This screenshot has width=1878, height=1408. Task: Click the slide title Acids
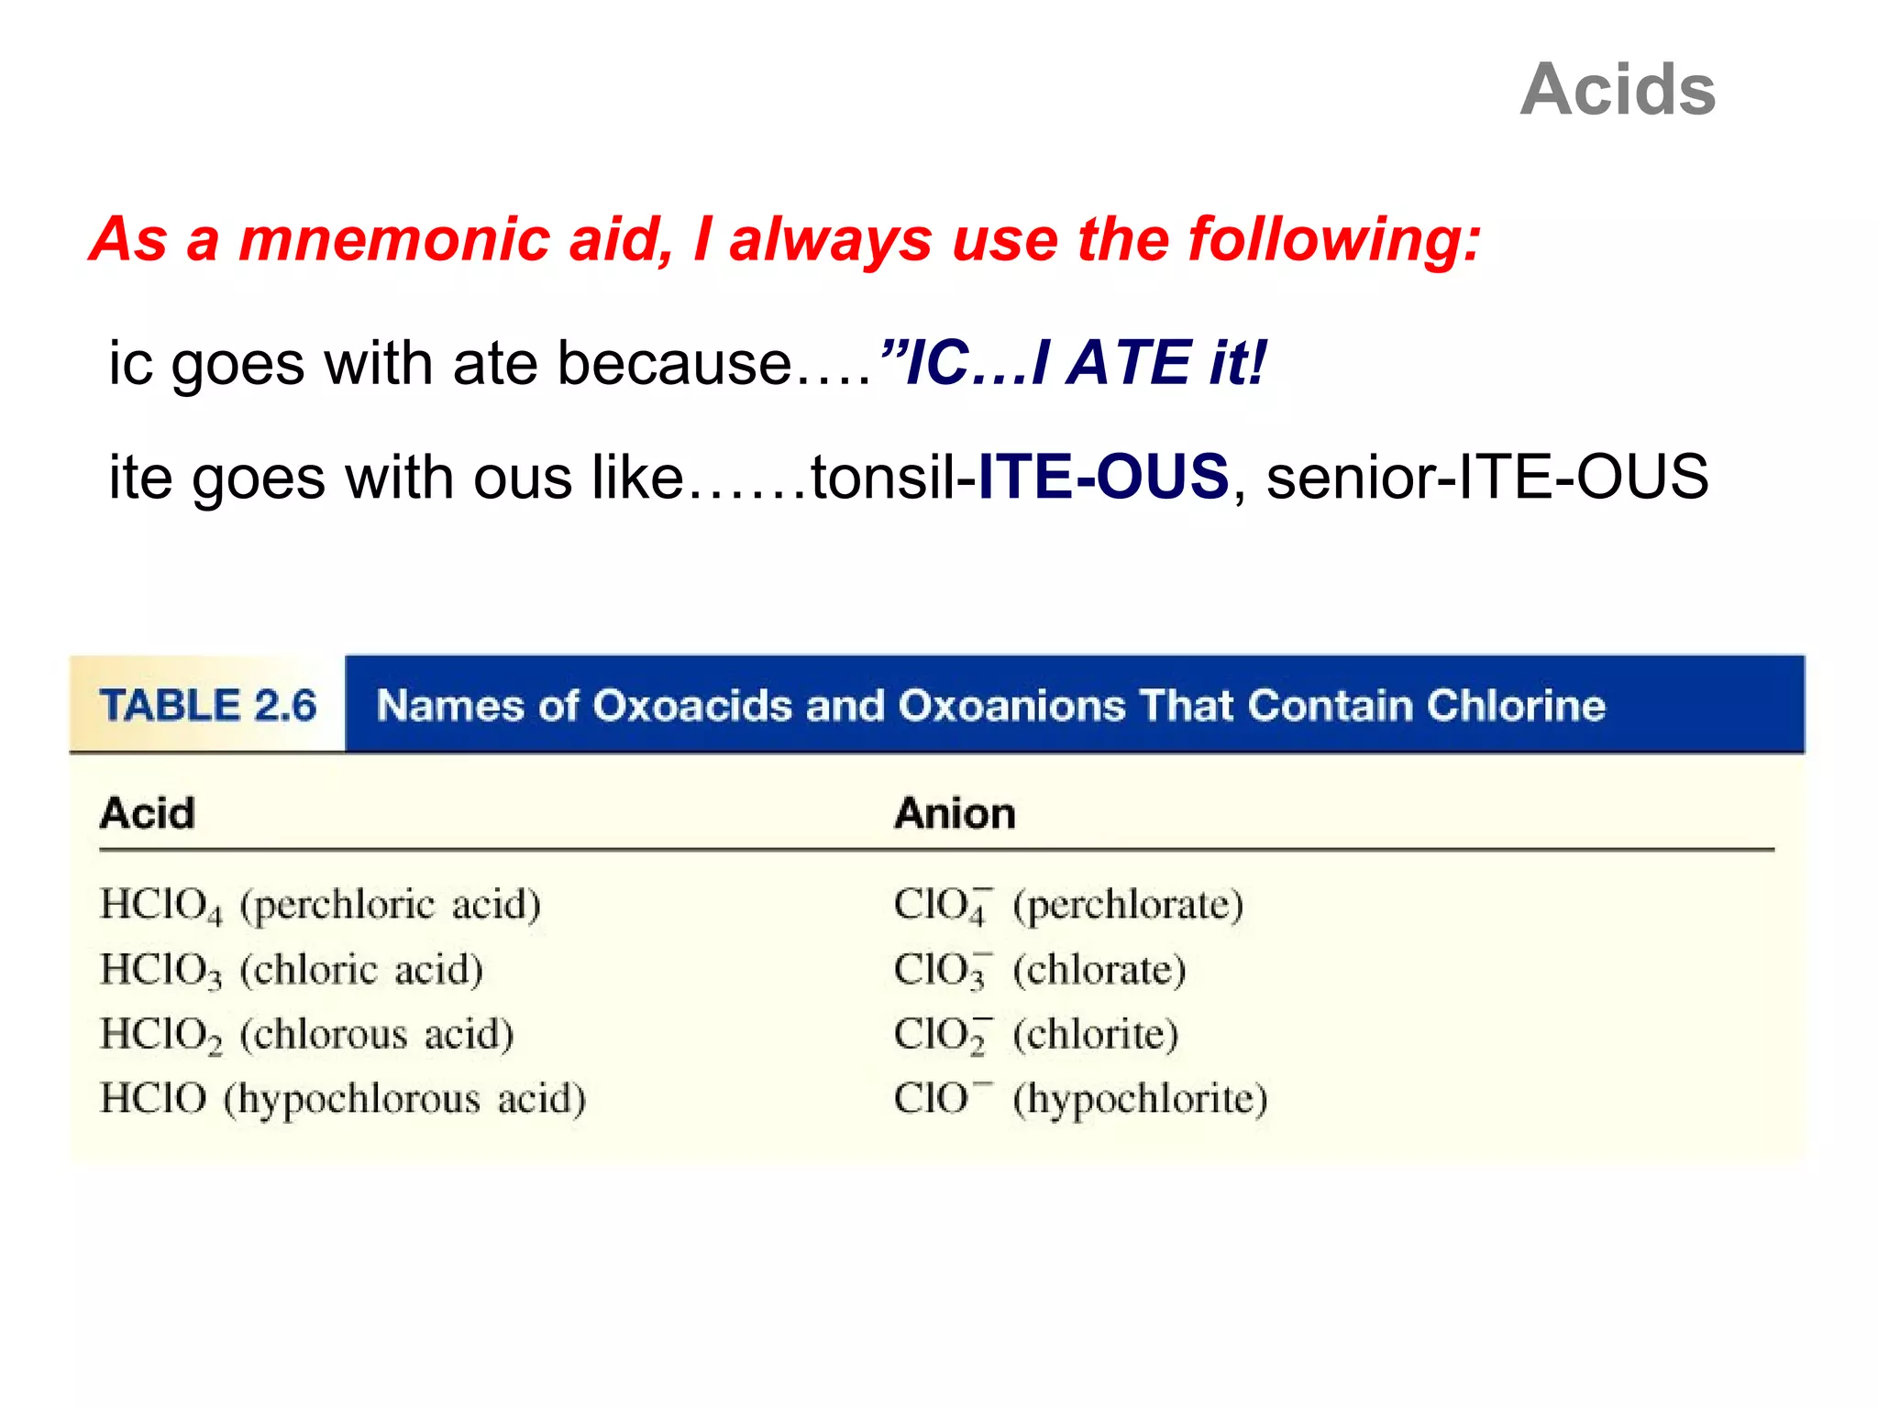[1618, 90]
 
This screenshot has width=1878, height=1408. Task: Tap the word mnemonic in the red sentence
[394, 239]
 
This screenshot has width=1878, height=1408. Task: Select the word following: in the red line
[1334, 239]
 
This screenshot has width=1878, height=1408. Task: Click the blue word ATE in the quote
[1131, 363]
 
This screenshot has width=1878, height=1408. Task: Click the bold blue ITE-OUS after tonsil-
[1103, 477]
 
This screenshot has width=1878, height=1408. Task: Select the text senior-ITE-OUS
[1487, 477]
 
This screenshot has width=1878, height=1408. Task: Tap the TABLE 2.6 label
[208, 706]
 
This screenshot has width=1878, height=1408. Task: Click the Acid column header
[148, 813]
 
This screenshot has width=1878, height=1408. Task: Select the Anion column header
[955, 813]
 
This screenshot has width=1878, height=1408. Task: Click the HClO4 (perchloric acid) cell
[320, 905]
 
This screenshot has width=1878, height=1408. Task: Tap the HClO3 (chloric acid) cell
[292, 970]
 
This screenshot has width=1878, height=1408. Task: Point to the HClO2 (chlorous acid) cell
[306, 1035]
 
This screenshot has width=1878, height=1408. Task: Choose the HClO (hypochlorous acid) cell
[343, 1099]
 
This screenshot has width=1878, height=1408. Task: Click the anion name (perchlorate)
[1128, 905]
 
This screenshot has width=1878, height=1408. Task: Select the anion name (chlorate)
[1099, 970]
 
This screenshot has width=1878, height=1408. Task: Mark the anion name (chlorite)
[1096, 1035]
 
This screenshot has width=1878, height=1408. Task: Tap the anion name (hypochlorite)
[1141, 1099]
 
